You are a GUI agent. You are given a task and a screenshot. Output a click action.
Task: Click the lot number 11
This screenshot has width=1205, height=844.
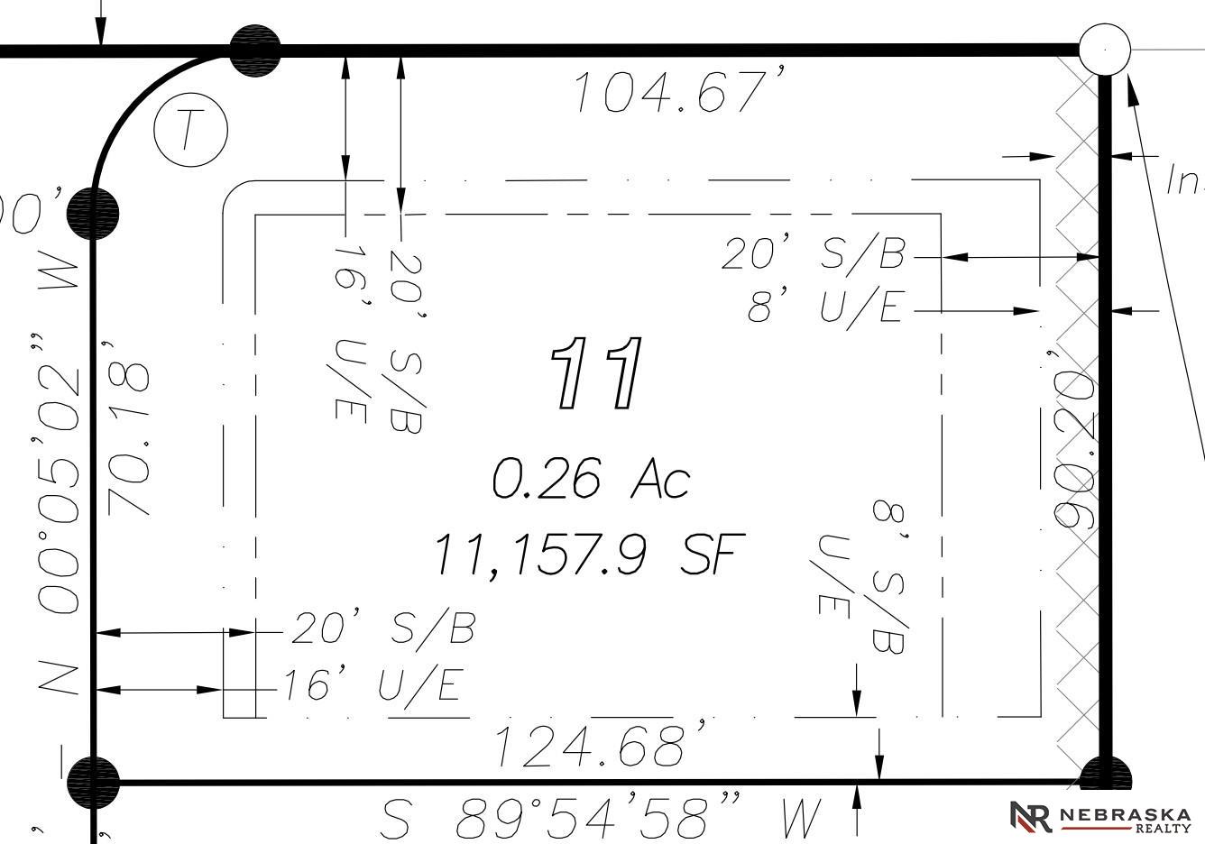[x=597, y=372]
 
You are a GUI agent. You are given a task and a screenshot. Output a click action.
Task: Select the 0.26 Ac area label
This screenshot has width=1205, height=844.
[x=591, y=478]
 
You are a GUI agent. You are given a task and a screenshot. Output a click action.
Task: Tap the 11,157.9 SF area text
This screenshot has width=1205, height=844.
[x=591, y=553]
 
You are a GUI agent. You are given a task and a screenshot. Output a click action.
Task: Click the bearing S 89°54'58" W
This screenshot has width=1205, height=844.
[x=602, y=819]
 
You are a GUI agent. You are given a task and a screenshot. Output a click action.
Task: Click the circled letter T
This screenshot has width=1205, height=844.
[x=190, y=130]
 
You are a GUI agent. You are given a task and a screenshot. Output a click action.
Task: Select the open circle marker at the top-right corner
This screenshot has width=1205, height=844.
[x=1104, y=50]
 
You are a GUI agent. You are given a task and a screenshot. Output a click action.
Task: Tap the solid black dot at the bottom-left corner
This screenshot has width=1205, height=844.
[x=94, y=782]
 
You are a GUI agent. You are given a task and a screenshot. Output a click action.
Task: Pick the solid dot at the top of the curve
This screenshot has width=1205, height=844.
[x=255, y=50]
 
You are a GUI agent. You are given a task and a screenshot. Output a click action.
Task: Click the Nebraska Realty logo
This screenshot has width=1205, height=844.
[x=1100, y=816]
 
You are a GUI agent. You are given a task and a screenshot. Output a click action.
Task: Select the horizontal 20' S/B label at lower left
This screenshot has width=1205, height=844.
[x=383, y=628]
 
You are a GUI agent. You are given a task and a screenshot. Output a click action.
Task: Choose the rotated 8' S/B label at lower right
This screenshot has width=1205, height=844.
[x=888, y=577]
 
